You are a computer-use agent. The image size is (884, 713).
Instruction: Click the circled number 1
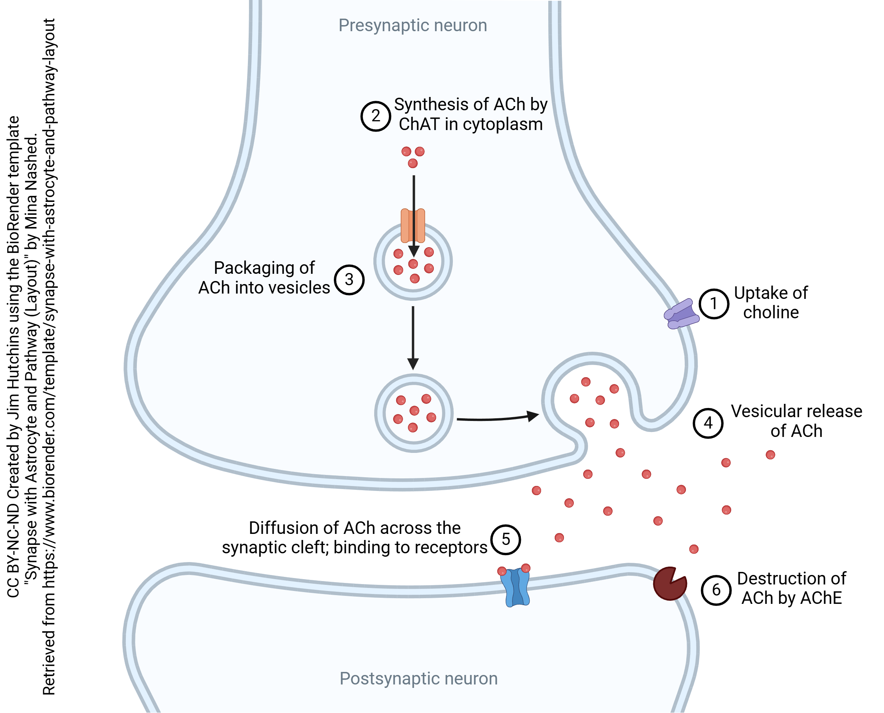(714, 304)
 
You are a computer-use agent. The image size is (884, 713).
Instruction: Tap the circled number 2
(376, 116)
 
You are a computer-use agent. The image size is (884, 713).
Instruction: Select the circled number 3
(349, 280)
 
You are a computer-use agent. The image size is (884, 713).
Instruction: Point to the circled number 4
(708, 423)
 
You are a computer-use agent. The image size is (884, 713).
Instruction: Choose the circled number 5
(506, 539)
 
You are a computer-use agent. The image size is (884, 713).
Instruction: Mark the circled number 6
(716, 590)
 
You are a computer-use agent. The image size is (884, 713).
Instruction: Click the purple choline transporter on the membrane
(682, 314)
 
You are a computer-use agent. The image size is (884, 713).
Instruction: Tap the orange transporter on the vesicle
(413, 225)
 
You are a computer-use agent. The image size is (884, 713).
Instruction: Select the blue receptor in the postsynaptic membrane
(515, 587)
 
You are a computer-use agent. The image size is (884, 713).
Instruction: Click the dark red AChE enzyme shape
(668, 584)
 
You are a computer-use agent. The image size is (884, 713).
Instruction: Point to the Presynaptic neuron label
(413, 25)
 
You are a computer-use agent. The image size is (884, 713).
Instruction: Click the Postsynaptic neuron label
(418, 678)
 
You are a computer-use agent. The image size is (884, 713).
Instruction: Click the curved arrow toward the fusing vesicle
(497, 419)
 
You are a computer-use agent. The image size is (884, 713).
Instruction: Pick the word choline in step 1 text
(771, 313)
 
